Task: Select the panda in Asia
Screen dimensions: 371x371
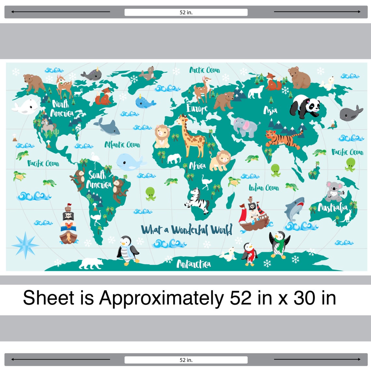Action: click(306, 106)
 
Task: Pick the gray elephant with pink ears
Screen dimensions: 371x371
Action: click(246, 127)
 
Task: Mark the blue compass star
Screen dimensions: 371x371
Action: click(25, 244)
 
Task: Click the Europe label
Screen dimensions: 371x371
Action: click(197, 108)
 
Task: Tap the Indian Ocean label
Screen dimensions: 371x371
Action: click(264, 188)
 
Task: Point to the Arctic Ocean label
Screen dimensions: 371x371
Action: click(205, 70)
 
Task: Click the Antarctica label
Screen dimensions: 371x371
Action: click(193, 264)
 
